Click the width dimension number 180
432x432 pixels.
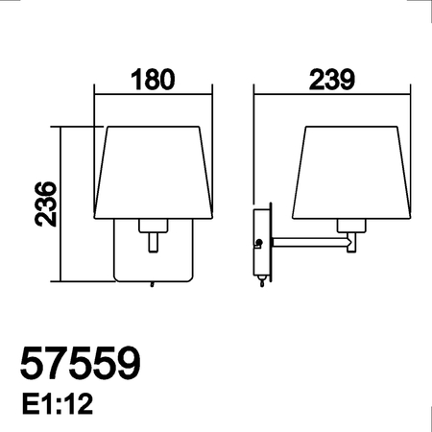coord(154,79)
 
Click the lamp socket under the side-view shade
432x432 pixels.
coord(353,227)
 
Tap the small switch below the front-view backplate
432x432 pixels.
coord(151,284)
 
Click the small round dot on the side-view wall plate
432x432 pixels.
coord(257,243)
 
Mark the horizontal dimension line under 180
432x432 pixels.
coord(154,94)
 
